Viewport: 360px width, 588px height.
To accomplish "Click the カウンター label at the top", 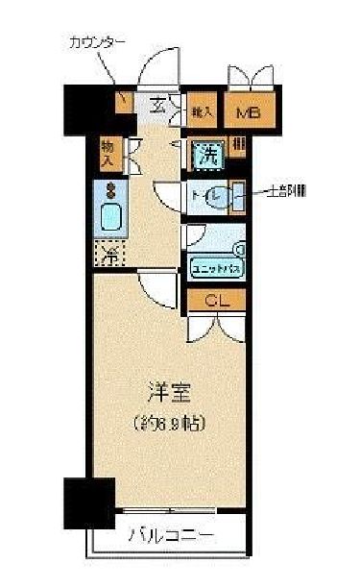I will click(x=97, y=42).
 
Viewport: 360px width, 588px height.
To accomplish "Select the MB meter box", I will click(x=249, y=111).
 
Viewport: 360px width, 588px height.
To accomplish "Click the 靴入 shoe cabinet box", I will click(x=202, y=110).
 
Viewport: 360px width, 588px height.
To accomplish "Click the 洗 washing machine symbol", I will click(x=206, y=153).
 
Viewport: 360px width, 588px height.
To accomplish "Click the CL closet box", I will click(x=215, y=301).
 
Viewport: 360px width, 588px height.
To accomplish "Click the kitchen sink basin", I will click(x=109, y=219).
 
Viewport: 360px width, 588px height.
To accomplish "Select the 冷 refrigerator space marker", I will click(x=109, y=255).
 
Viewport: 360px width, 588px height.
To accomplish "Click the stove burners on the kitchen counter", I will click(x=109, y=189).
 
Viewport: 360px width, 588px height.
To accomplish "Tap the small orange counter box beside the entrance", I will click(x=124, y=101).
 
